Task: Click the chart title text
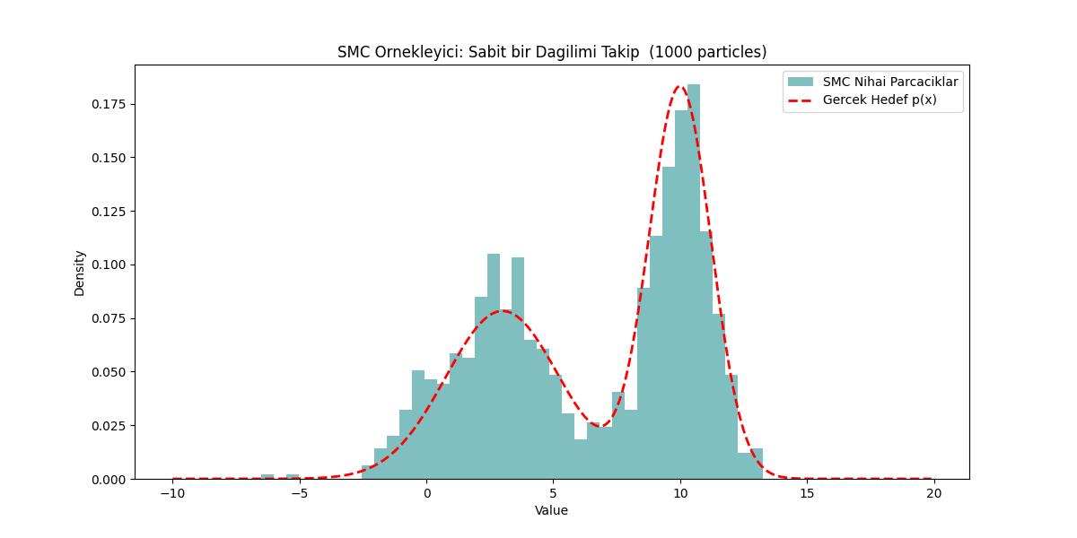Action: click(x=552, y=52)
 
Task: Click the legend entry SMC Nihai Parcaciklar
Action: click(x=890, y=82)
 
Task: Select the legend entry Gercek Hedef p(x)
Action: click(x=880, y=100)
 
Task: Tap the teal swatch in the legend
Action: click(x=801, y=82)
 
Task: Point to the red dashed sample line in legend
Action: click(x=801, y=100)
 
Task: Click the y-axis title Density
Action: click(x=80, y=273)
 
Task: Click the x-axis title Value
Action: click(x=551, y=510)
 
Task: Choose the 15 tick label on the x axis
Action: click(x=807, y=492)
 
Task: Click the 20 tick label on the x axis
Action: click(x=933, y=492)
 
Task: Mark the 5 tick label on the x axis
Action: click(x=554, y=492)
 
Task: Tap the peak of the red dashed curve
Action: click(x=679, y=87)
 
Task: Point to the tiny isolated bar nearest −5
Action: click(x=293, y=476)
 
